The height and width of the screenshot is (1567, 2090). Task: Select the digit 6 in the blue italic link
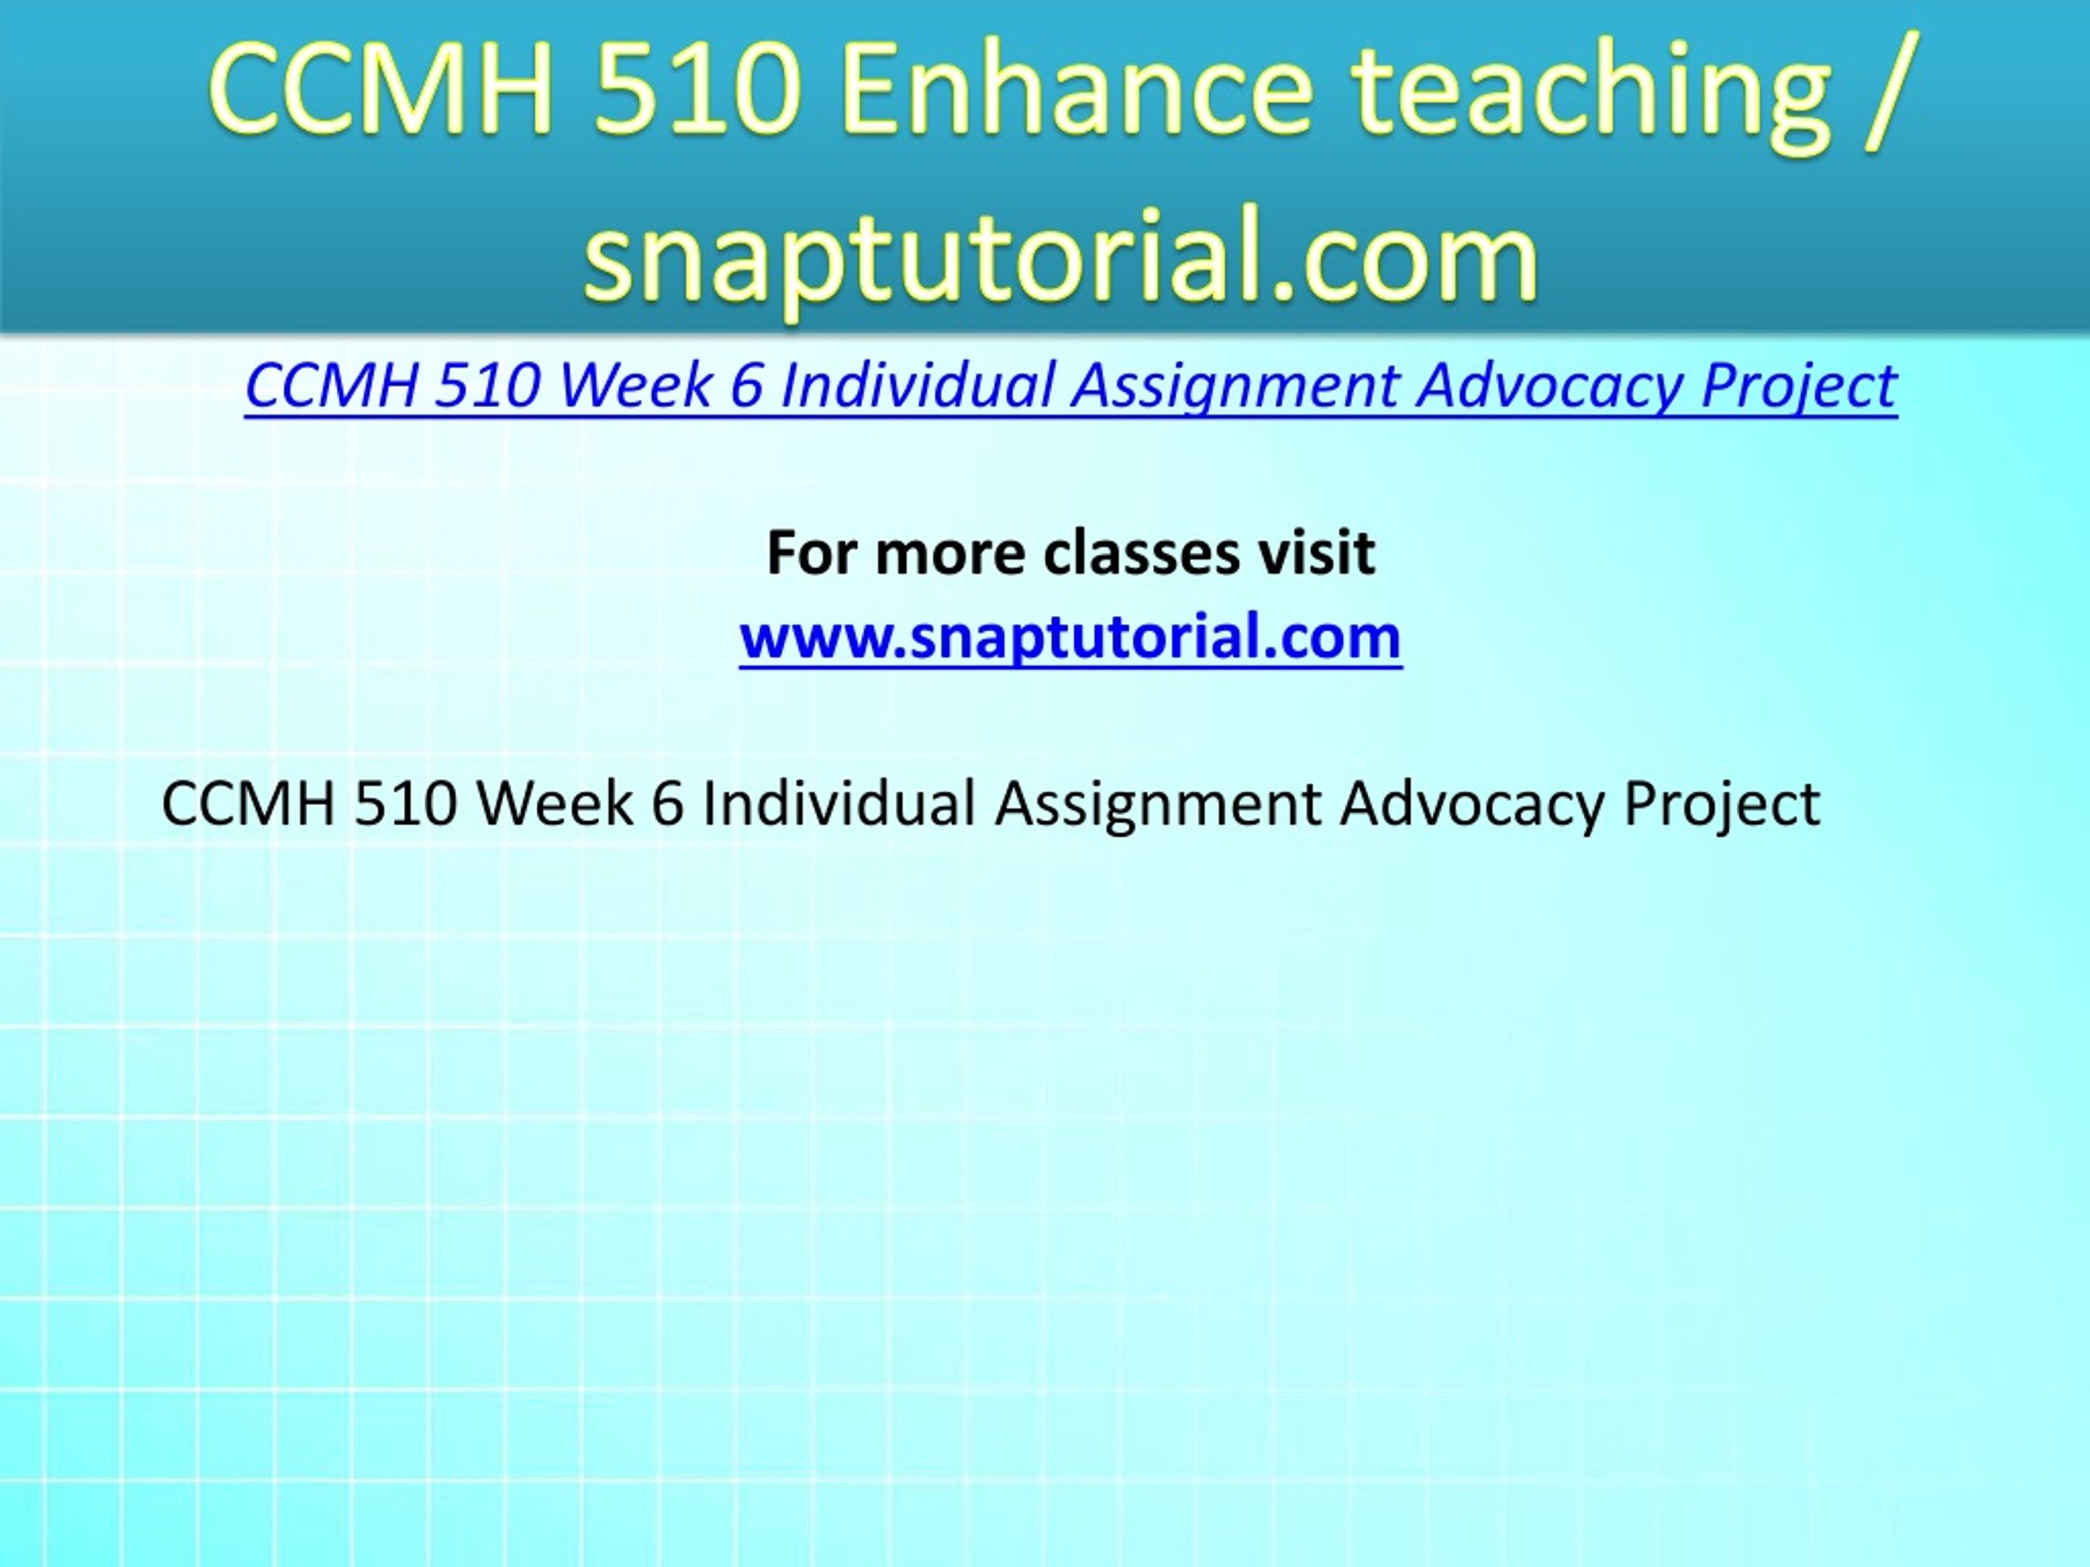(746, 385)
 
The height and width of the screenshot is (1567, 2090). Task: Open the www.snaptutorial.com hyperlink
(1070, 637)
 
